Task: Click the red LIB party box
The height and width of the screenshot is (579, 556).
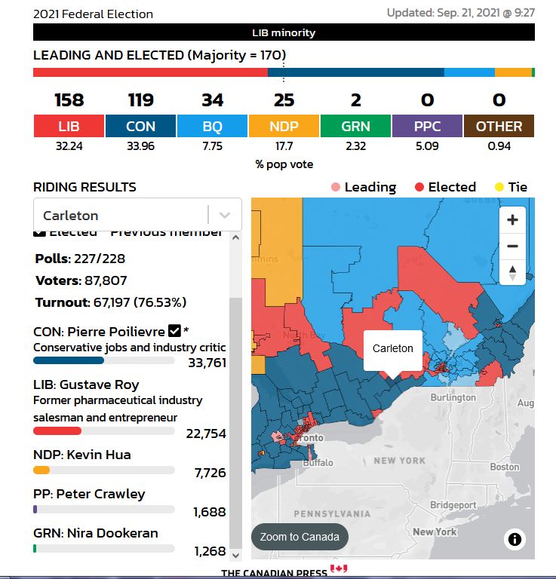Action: point(69,127)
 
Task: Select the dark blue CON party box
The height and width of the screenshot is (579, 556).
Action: point(140,127)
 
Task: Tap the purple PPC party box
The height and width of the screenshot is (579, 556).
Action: point(427,127)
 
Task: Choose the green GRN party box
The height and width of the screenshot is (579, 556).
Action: point(355,127)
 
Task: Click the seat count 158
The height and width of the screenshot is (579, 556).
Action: point(69,100)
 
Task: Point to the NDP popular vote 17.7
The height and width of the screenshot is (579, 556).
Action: point(284,146)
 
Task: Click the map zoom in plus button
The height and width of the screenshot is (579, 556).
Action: point(513,220)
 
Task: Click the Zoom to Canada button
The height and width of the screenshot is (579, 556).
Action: point(300,538)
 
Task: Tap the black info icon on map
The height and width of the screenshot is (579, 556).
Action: point(515,539)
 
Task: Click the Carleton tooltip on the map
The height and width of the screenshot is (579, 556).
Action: point(393,348)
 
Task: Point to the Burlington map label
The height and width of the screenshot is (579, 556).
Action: point(453,397)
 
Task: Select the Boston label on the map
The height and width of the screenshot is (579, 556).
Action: point(504,467)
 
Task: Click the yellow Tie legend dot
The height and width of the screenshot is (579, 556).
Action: point(499,187)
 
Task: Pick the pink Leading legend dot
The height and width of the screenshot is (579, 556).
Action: point(335,187)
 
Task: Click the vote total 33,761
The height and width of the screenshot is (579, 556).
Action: point(207,363)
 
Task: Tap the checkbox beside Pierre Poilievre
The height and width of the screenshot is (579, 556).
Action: point(174,330)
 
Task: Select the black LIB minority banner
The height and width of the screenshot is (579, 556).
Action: point(284,32)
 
